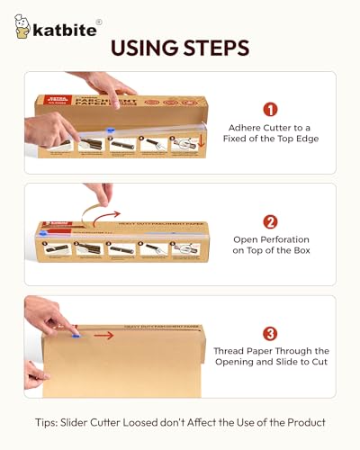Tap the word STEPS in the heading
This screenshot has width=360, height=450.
(x=217, y=47)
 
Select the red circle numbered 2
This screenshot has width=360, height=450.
(x=271, y=220)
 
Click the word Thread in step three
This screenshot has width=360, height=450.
(x=230, y=350)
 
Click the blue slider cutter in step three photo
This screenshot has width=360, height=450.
(x=75, y=334)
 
